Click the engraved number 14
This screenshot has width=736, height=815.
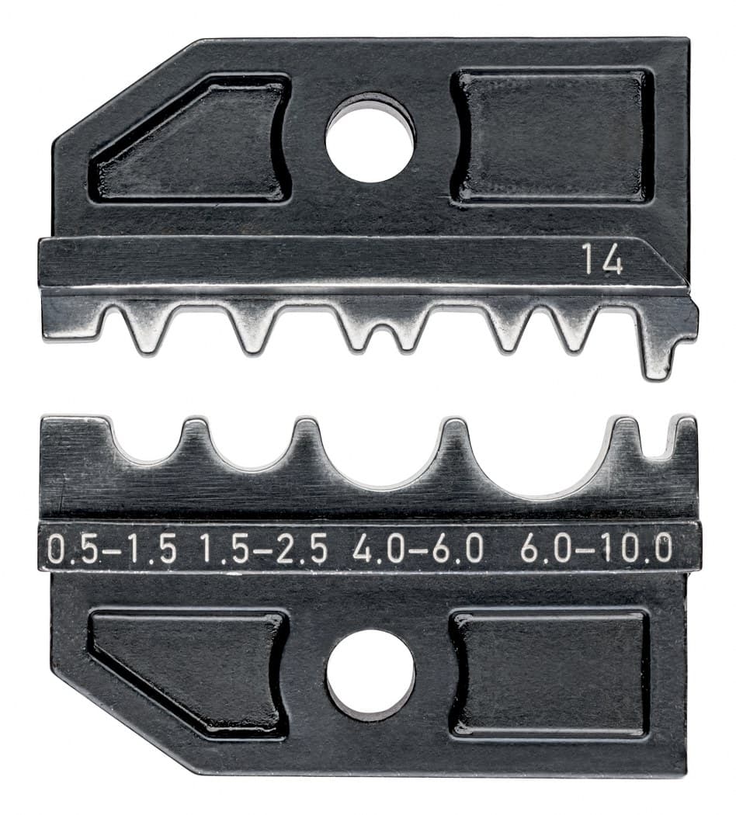602,260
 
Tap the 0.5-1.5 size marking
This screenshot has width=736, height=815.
111,550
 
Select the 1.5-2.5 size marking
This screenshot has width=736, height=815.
263,550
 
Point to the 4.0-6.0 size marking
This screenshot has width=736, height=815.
418,550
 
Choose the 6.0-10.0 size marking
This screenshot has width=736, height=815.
596,550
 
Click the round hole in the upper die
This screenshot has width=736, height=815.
370,138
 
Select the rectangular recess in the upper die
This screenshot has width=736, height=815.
552,136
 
